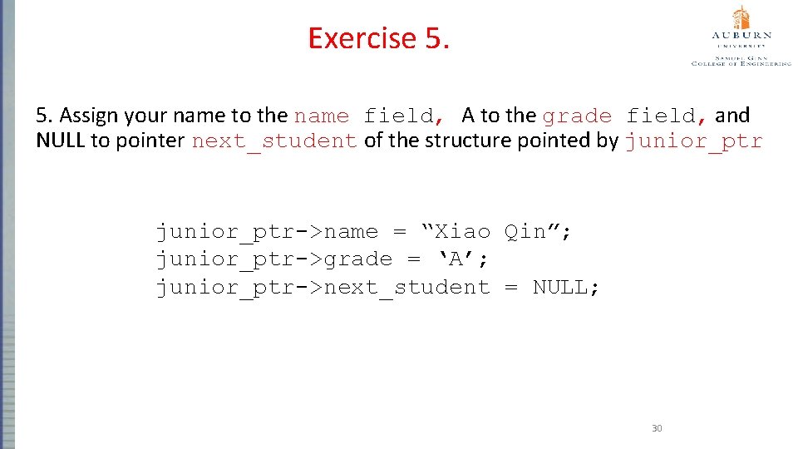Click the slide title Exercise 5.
tap(378, 38)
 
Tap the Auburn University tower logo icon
tap(740, 18)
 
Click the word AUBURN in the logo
tap(741, 36)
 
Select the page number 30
tap(657, 428)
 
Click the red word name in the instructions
tap(322, 116)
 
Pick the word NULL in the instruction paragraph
tap(61, 141)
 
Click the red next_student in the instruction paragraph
tap(274, 141)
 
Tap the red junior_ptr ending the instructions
tap(693, 141)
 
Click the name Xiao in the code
tap(462, 232)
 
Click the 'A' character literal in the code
tap(455, 259)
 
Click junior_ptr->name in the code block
tap(267, 232)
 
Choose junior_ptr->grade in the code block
tap(274, 259)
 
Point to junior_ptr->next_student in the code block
tap(323, 288)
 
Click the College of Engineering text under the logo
tap(741, 63)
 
